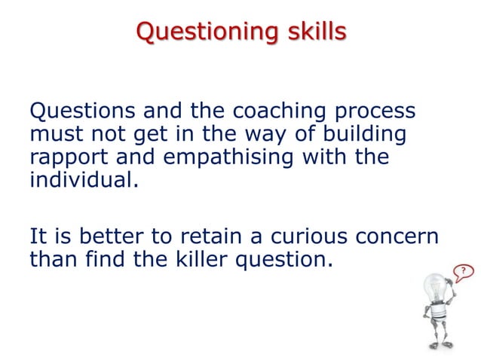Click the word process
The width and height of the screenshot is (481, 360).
tap(374, 111)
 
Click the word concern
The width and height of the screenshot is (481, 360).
tap(397, 236)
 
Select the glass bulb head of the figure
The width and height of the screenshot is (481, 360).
tap(437, 288)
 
